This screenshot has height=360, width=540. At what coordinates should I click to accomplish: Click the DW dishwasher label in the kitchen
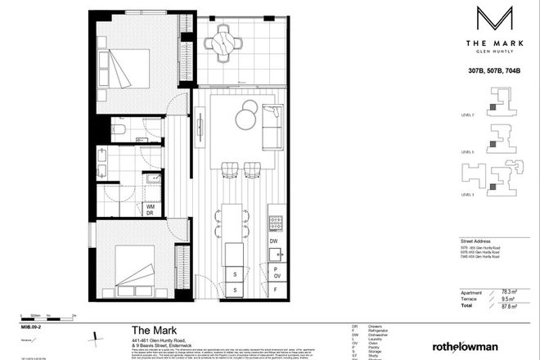(x=275, y=242)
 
